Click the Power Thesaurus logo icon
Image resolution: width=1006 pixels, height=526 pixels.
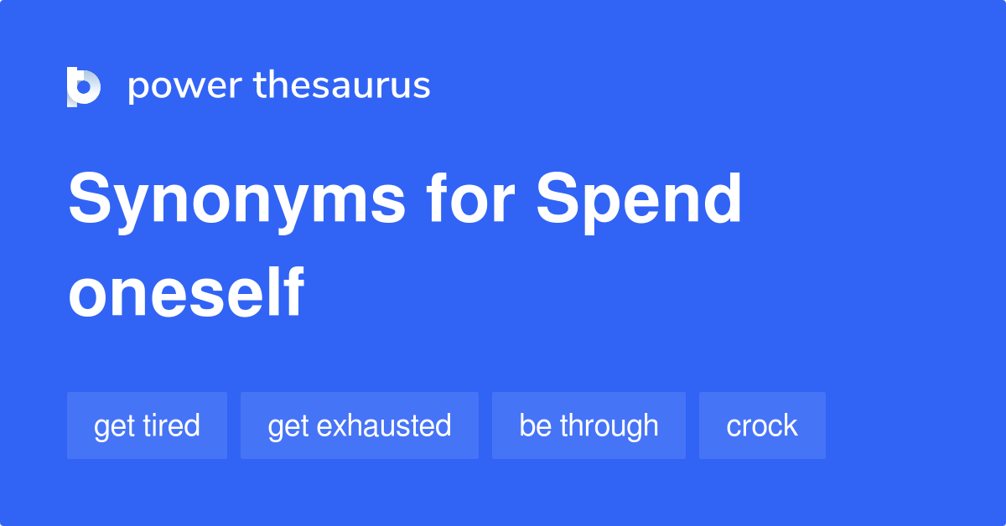tap(84, 86)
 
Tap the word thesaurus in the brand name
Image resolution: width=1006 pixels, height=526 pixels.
tap(342, 86)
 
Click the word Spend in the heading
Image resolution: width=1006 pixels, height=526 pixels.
tap(639, 201)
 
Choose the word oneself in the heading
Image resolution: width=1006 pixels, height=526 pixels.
tap(185, 293)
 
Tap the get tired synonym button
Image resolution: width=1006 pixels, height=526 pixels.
tap(147, 425)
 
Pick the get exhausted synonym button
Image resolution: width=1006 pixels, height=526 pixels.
tap(359, 425)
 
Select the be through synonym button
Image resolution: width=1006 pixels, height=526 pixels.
tap(589, 425)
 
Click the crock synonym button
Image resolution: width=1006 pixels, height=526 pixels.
tap(762, 425)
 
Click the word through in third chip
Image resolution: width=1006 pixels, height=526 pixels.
tap(609, 425)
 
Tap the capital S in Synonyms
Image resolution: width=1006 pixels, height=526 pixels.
tap(89, 201)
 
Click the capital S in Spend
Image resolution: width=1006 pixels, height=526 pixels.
tap(557, 201)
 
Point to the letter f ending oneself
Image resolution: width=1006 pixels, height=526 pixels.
tap(293, 293)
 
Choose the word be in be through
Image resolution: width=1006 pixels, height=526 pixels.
tap(535, 425)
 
